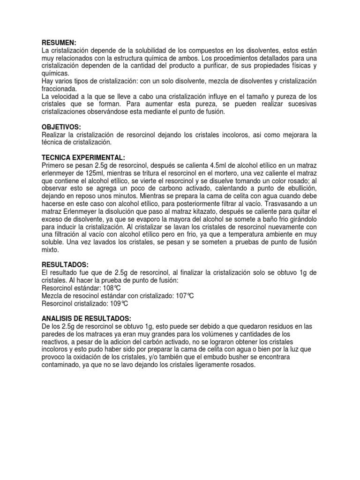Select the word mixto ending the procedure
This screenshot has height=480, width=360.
click(x=50, y=249)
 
